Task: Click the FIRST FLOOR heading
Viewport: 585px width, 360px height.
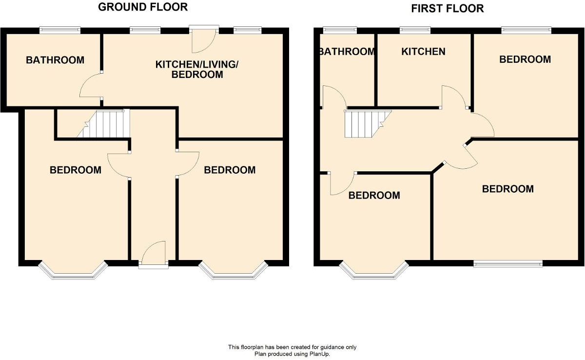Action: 447,8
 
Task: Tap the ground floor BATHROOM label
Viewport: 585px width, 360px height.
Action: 55,60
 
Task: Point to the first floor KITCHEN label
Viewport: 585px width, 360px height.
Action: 423,52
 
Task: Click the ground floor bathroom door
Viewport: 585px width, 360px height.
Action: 91,86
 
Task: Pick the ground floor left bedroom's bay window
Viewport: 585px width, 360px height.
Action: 73,271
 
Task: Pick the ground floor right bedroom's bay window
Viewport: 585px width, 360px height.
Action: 233,271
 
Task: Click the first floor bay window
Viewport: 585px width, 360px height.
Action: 374,271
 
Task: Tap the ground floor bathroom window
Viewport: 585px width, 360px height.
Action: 60,30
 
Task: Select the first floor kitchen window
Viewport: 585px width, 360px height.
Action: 415,30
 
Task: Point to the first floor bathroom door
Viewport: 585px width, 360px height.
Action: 333,97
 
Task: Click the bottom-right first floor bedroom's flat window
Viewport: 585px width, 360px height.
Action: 507,263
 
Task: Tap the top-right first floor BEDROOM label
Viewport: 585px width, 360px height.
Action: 525,60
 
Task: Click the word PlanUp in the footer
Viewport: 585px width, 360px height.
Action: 320,354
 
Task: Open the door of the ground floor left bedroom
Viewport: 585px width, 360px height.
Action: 118,165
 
